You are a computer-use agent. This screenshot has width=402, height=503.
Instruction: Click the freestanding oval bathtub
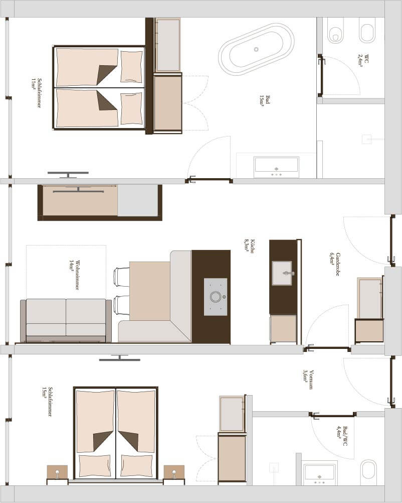click(256, 49)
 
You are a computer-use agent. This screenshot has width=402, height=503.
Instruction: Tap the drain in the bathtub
click(256, 49)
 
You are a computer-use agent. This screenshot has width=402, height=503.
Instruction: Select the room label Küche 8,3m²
click(250, 246)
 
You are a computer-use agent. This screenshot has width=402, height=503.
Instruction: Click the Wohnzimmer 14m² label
click(74, 275)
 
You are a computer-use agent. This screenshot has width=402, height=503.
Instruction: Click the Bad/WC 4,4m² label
click(342, 436)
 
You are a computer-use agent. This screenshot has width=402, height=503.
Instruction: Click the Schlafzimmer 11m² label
click(36, 93)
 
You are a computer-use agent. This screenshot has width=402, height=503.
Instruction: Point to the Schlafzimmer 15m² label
click(47, 402)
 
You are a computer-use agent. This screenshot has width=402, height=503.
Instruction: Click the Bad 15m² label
click(265, 100)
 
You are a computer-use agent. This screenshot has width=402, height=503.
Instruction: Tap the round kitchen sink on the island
click(216, 297)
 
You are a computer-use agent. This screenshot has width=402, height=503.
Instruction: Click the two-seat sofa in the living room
click(66, 321)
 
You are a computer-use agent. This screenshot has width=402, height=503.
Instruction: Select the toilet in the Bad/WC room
click(368, 472)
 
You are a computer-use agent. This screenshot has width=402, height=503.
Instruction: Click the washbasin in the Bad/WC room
click(319, 474)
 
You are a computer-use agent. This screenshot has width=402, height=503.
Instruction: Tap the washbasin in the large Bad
click(276, 167)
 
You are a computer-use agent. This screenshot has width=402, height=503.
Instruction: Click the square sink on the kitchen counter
click(282, 273)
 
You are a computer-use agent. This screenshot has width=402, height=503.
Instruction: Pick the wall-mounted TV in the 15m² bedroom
click(119, 358)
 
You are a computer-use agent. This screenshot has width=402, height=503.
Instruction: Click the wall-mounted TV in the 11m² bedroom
click(68, 174)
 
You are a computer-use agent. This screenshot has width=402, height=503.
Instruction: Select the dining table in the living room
click(149, 291)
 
